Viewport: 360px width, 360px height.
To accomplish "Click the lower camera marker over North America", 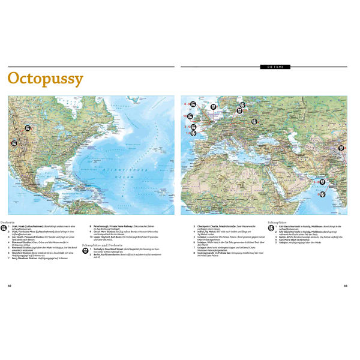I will (14, 143).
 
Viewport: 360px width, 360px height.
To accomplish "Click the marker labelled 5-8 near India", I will (320, 182).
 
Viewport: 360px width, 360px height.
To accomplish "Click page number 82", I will (10, 286).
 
